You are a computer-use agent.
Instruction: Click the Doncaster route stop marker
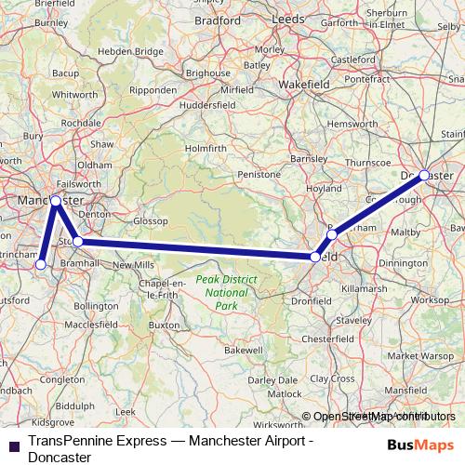pos(424,175)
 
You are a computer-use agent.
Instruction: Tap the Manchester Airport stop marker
pos(41,265)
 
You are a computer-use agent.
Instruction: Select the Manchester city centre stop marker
pos(56,201)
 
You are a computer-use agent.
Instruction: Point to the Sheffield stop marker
pos(316,257)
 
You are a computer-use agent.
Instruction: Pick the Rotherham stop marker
pos(332,235)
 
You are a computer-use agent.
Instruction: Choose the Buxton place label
pos(164,326)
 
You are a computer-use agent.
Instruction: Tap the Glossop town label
pos(149,221)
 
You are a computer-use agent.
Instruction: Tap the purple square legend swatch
pos(14,444)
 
